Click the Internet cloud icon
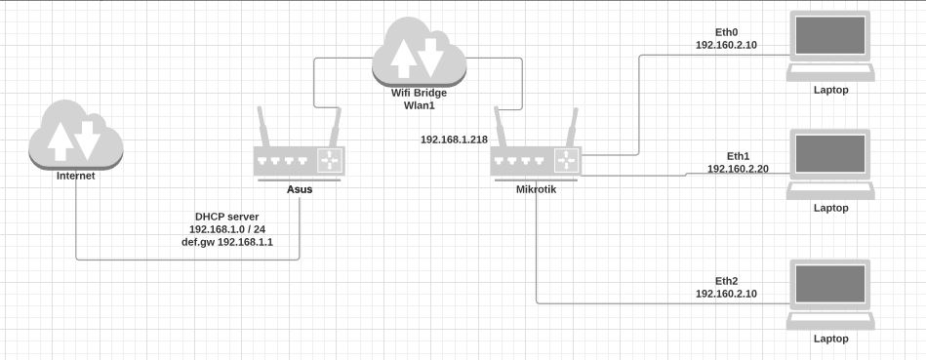[76, 138]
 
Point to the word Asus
[300, 189]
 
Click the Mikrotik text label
[536, 189]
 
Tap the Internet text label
[76, 178]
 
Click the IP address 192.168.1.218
[454, 140]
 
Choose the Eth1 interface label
[738, 155]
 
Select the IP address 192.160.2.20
[738, 168]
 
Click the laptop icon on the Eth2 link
[830, 294]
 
